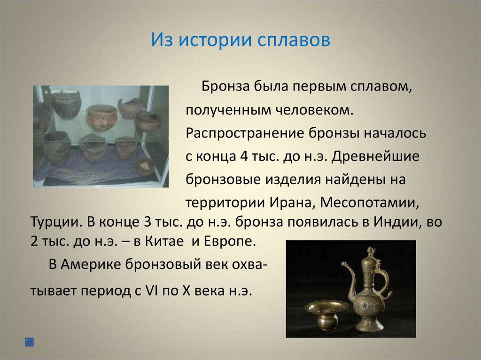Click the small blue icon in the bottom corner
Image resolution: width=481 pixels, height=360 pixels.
click(29, 342)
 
